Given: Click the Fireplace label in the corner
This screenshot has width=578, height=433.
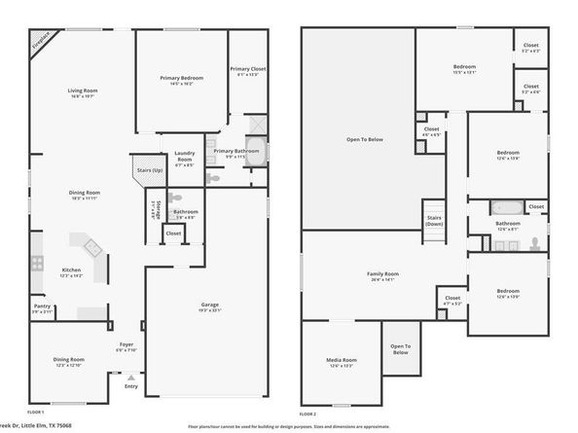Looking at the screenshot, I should point(43,43).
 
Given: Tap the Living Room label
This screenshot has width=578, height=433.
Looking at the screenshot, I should point(84,92).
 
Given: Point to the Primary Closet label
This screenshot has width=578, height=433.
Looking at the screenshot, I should point(247,69).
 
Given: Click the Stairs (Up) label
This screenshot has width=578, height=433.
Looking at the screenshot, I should point(146,168).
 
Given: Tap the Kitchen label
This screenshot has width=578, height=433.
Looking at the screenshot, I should point(72,271).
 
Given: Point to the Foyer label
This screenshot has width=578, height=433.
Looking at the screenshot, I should point(126,344).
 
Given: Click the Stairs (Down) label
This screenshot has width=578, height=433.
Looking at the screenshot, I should point(434,220).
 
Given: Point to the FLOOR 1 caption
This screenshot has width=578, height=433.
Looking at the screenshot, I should point(36,414).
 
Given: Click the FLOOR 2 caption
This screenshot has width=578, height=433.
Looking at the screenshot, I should point(308,414).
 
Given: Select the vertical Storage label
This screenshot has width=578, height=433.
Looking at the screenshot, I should point(154,210).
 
